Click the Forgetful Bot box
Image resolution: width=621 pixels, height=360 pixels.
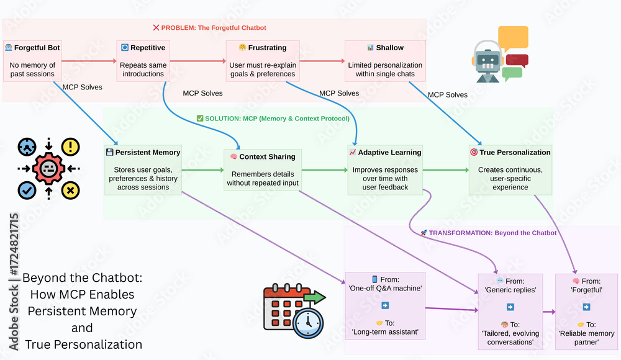pyautogui.click(x=33, y=61)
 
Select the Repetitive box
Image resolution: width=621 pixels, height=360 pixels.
pyautogui.click(x=143, y=61)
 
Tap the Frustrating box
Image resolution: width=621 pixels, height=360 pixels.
pyautogui.click(x=263, y=61)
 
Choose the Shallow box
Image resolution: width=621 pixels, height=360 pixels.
pyautogui.click(x=385, y=61)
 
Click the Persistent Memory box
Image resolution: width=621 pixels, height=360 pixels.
pyautogui.click(x=143, y=169)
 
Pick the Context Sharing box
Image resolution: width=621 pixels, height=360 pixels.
pyautogui.click(x=263, y=169)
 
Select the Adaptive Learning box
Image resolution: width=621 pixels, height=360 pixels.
pyautogui.click(x=385, y=169)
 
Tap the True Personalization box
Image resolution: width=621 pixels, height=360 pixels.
pyautogui.click(x=510, y=169)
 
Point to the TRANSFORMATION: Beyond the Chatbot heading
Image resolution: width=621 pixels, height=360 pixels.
pyautogui.click(x=488, y=233)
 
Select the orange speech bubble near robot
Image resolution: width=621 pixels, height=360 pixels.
pyautogui.click(x=513, y=38)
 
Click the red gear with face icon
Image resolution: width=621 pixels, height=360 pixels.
pyautogui.click(x=48, y=168)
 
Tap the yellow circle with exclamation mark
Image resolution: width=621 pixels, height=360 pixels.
pyautogui.click(x=71, y=146)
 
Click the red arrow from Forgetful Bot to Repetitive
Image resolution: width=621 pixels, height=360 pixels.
pyautogui.click(x=89, y=61)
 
